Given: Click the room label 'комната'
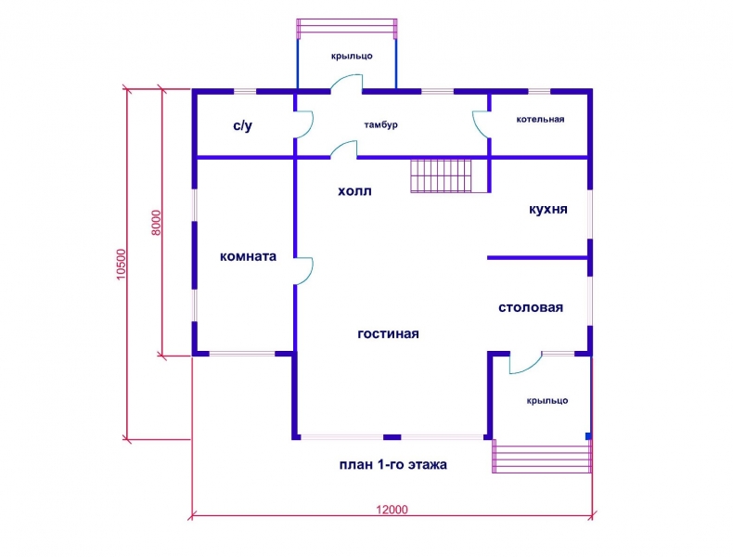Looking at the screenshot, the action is coord(248,256).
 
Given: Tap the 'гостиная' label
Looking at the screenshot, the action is coord(388,334).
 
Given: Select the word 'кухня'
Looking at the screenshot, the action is coord(547,209).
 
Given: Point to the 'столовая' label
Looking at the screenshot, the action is coord(531,307).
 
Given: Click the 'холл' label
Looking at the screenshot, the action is coord(354,191).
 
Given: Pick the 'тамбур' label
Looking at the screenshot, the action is coord(380,125).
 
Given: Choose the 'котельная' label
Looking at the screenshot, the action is coord(540,119).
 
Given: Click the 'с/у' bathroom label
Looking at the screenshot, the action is coord(242,125).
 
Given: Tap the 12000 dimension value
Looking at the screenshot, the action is coord(392,510).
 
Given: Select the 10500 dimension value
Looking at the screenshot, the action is coord(121,265).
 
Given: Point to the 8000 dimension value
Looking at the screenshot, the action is coord(156,223).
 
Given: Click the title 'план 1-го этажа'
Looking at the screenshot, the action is coord(392,465).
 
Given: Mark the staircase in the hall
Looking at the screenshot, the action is coord(441,175).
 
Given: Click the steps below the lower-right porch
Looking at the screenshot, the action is coord(541,458).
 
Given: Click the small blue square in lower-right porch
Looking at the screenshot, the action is coord(588,436).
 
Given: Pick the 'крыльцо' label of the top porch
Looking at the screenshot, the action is coord(352,56).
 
